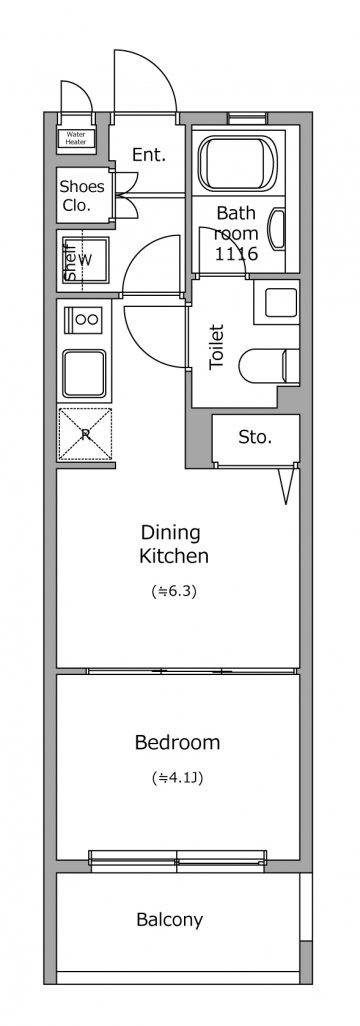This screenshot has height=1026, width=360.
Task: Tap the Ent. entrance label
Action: [x=149, y=155]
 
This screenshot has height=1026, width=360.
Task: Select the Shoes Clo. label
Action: [x=82, y=195]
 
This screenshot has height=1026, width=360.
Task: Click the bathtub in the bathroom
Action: [x=238, y=164]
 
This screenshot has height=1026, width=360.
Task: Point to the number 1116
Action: [x=237, y=254]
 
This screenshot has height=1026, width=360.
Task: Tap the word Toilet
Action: [x=217, y=347]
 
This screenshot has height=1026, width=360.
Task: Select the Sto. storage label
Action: [x=255, y=437]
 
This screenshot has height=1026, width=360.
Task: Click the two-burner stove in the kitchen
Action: [x=84, y=319]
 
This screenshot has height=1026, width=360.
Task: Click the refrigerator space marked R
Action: [x=85, y=433]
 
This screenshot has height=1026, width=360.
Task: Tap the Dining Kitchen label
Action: [x=174, y=544]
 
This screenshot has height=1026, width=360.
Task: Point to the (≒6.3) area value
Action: [x=174, y=592]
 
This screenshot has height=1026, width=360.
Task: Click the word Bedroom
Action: [x=177, y=743]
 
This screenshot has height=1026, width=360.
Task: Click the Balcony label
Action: [x=170, y=920]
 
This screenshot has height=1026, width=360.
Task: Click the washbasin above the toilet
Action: [x=276, y=302]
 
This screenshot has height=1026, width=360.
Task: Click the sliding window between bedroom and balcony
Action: [x=177, y=860]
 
